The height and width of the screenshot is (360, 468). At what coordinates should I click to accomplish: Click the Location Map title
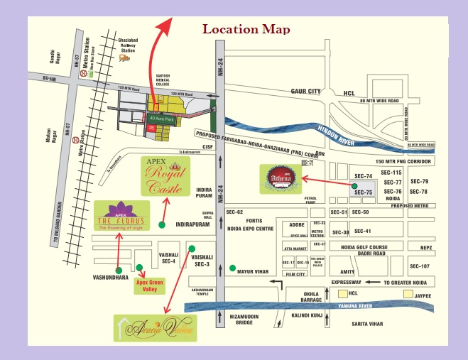pos(246,29)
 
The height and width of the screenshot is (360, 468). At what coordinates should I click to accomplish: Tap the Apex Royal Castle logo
pos(164,175)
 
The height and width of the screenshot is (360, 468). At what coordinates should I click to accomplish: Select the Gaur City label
pos(306,91)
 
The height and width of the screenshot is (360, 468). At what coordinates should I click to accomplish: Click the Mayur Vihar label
pos(256,270)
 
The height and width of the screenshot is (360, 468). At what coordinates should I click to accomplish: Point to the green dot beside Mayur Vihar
pos(234,268)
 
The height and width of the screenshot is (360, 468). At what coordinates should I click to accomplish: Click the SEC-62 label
pos(235,212)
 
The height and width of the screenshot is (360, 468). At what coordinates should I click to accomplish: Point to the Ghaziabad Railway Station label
pos(128,46)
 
